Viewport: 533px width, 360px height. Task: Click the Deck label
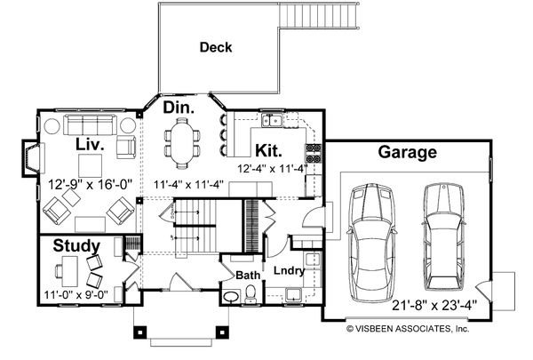pos(216,47)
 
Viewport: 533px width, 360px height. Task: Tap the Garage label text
pos(407,152)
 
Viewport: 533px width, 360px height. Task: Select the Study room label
pos(76,245)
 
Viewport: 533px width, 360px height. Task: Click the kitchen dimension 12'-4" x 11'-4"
pos(272,167)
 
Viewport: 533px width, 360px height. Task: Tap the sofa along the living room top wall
pos(87,123)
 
